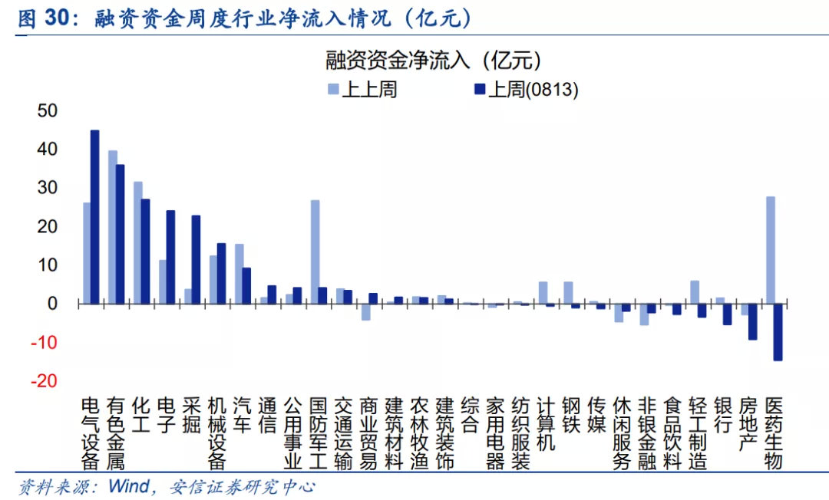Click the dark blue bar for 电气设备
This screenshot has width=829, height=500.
click(95, 217)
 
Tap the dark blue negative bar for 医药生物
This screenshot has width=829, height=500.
click(778, 332)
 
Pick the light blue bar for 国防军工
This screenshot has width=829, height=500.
click(315, 252)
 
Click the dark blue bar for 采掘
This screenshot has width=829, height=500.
click(197, 259)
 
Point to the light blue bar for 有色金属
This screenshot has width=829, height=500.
click(113, 227)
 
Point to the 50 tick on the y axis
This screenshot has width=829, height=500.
click(48, 110)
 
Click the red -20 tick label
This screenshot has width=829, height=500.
click(45, 381)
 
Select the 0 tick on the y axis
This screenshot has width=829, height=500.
click(53, 304)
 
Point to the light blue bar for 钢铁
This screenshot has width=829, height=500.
click(568, 292)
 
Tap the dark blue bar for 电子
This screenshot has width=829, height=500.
click(170, 257)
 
